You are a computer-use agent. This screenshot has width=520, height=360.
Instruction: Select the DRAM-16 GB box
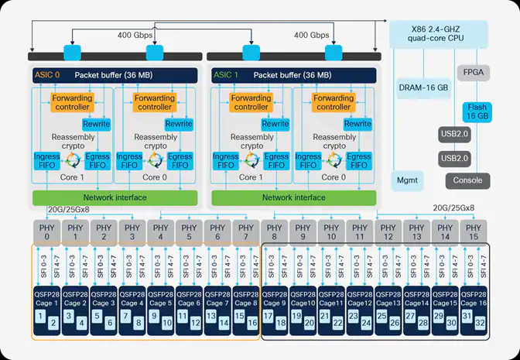pos(424,87)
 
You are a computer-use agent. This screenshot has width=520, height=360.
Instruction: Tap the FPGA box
pos(474,72)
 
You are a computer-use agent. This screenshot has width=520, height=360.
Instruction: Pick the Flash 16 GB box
pos(477,111)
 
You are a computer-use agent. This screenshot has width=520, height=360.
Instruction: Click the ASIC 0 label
pos(47,75)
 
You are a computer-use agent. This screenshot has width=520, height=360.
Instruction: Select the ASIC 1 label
pos(227,75)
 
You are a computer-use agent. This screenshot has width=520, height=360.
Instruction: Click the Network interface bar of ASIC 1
pos(294,198)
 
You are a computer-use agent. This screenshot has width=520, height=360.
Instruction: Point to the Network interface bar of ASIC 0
pos(115,198)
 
